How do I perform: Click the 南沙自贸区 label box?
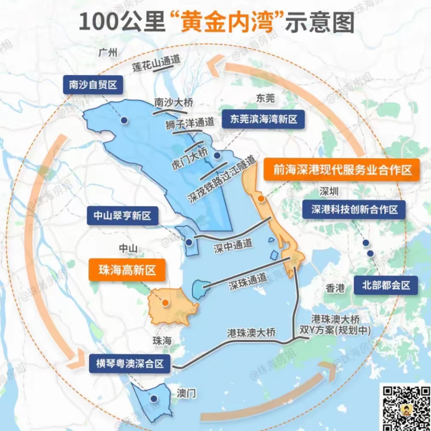pos(93,85)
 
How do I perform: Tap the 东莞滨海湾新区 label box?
pos(264,119)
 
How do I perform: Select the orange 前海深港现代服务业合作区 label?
pos(342,170)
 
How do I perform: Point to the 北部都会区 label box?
pos(386,285)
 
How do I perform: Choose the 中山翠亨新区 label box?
pos(123,216)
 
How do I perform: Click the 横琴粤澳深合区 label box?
pos(130,364)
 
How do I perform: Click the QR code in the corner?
pos(405,407)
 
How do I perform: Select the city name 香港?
pos(335,288)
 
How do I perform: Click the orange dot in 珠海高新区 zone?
pos(165,303)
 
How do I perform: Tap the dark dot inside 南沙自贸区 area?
pos(125,120)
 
